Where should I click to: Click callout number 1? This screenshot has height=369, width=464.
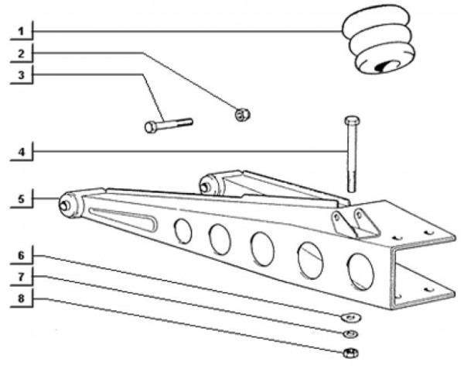pos(21,31)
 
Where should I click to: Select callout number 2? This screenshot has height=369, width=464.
pos(21,53)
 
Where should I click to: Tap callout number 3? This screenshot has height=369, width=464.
pos(21,75)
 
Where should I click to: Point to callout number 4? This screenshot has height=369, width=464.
pos(21,152)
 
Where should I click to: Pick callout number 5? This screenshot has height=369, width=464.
pos(21,199)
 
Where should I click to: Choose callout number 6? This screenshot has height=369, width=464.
pos(21,255)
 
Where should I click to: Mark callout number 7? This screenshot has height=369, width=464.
pos(21,277)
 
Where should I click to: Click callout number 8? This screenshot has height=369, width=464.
pos(21,298)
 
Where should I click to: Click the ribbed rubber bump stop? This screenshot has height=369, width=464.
pos(379,40)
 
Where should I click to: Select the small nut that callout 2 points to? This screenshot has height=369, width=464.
pos(243,115)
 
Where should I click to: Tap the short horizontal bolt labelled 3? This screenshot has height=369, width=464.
pos(169,126)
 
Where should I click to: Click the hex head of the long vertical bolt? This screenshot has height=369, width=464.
pos(352,120)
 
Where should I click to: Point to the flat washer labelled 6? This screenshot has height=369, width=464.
pos(351,317)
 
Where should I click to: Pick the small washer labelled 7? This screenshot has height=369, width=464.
pos(350,334)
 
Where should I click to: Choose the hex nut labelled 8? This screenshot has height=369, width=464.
pos(351,353)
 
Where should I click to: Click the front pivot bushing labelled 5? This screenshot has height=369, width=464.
pos(70,205)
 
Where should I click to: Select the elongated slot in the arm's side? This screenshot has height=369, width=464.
pos(123,219)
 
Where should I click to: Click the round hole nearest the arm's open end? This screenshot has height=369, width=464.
pos(360,271)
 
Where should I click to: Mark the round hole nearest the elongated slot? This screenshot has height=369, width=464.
pos(183,231)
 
